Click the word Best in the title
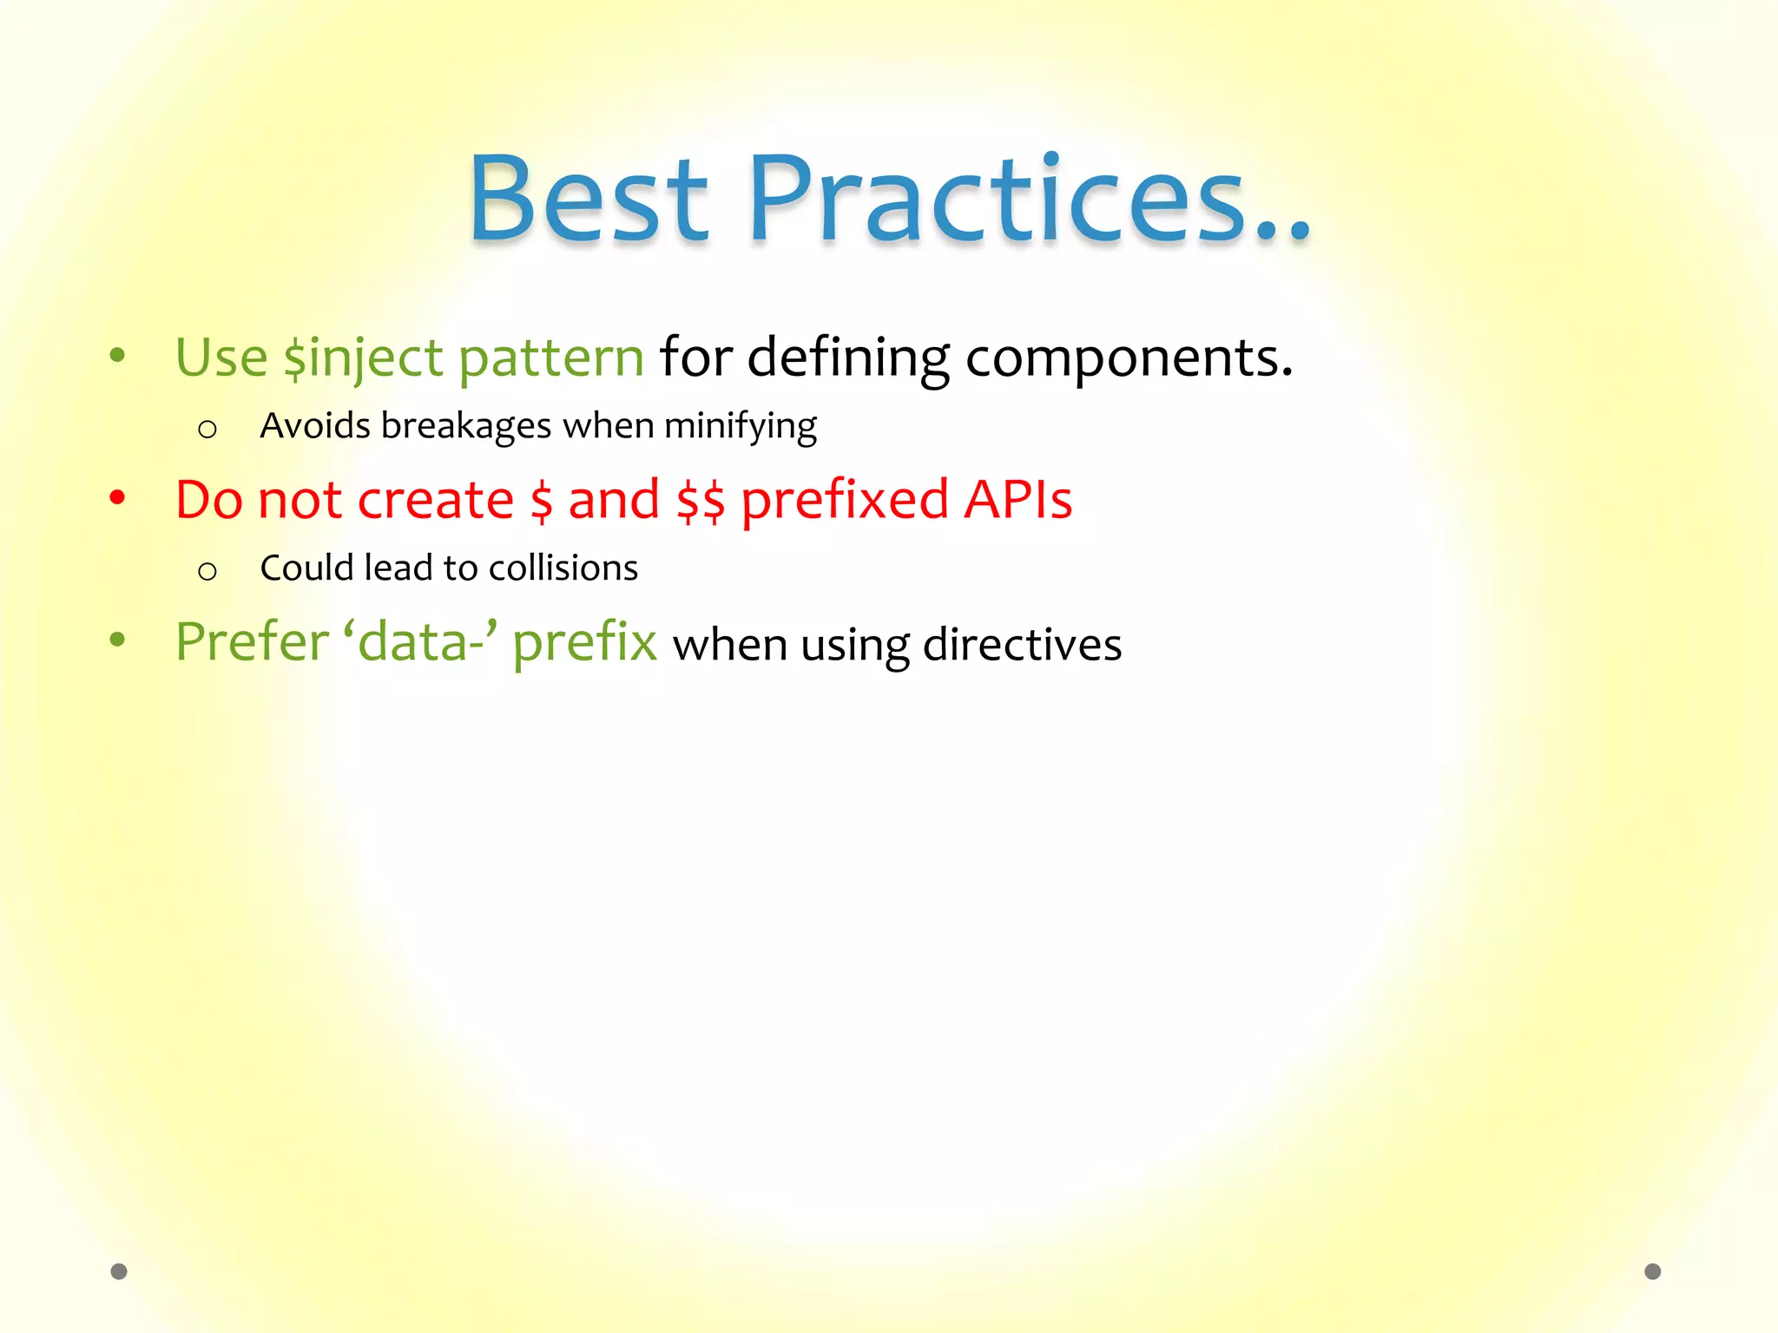[x=589, y=200]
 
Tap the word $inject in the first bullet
[x=364, y=358]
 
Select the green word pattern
[x=550, y=358]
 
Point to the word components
[x=1129, y=358]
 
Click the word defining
[x=848, y=358]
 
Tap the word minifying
[x=740, y=426]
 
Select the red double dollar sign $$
[x=700, y=500]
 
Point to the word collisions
[x=563, y=568]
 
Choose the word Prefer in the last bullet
[x=252, y=642]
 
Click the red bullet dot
[x=118, y=497]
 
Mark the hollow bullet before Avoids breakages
[x=207, y=429]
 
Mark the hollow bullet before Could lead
[x=207, y=571]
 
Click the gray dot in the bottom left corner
[x=119, y=1271]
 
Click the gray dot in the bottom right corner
[x=1653, y=1271]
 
